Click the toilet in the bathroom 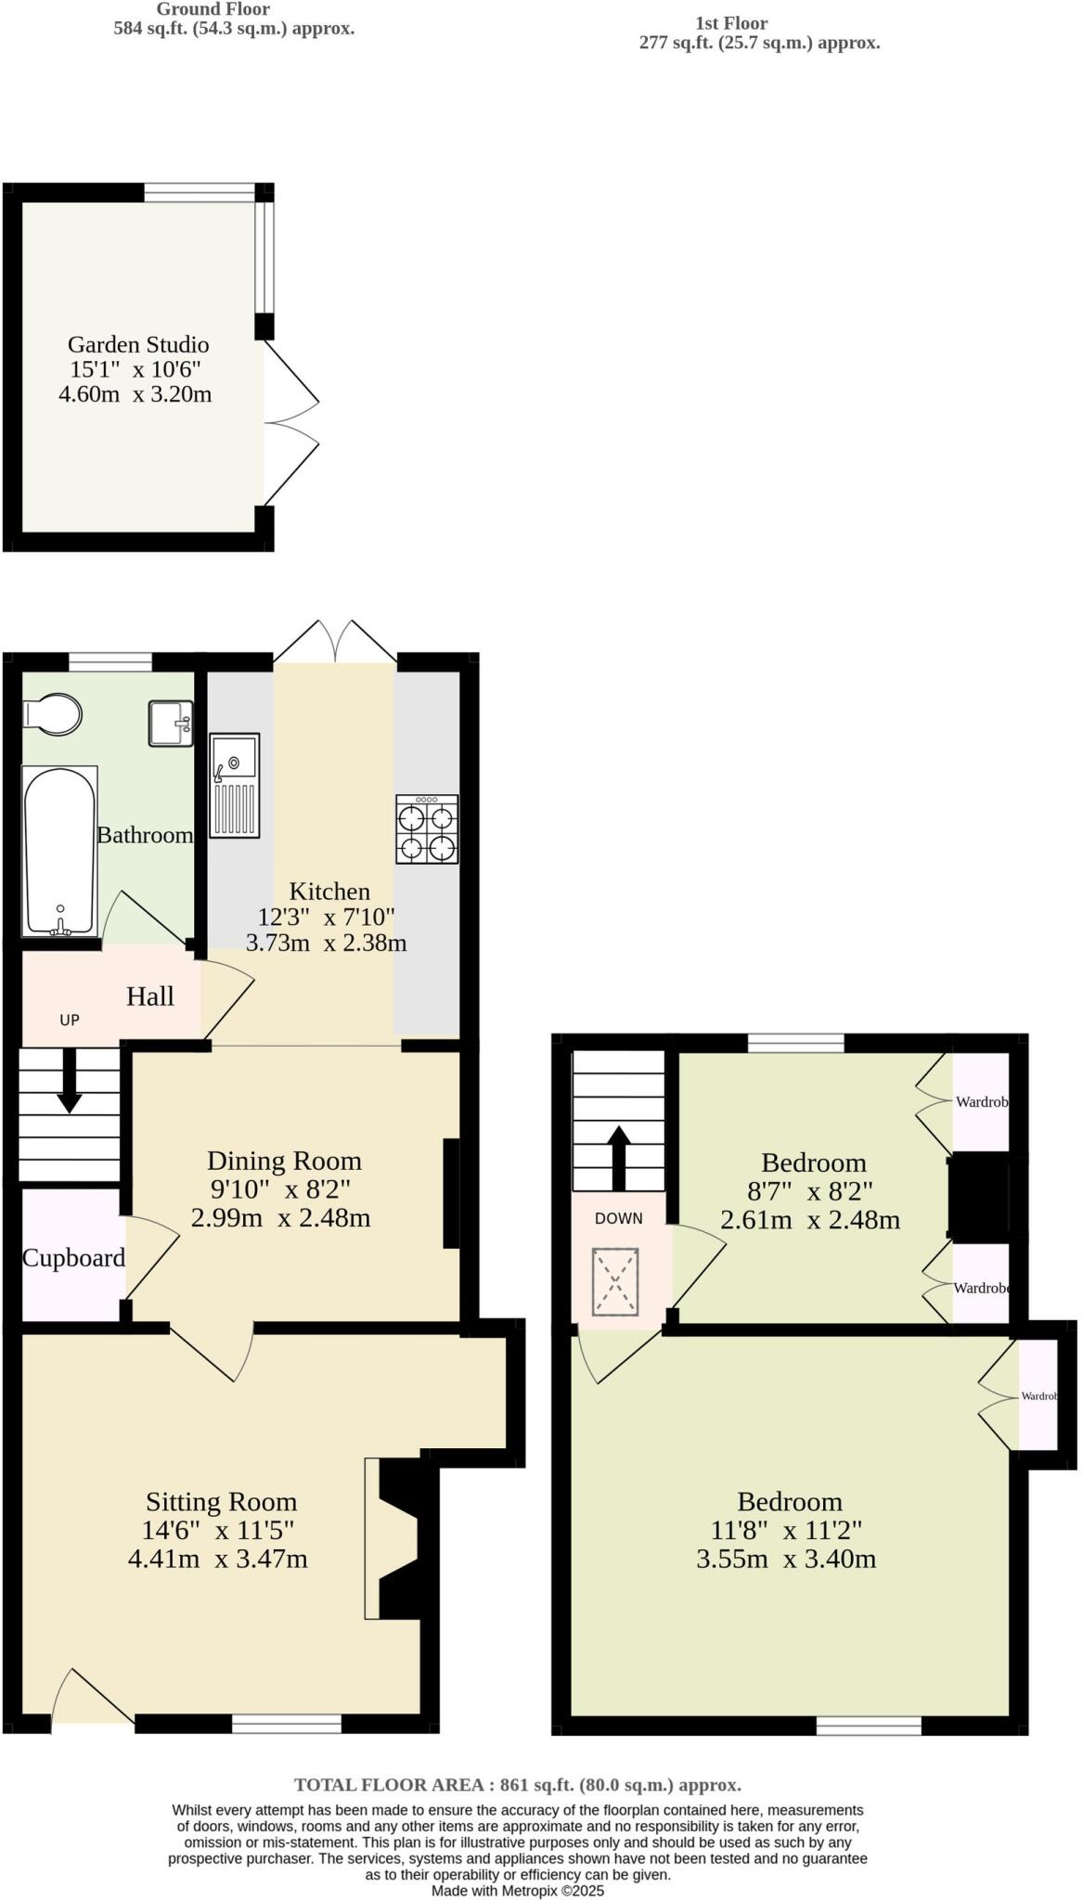(54, 715)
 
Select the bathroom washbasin (171, 724)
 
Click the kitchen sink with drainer (235, 786)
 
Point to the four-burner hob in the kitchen (427, 829)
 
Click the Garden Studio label (138, 345)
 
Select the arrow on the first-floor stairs (618, 1156)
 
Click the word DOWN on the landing (618, 1218)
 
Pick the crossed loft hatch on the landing (616, 1281)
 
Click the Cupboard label (73, 1258)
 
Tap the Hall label (150, 996)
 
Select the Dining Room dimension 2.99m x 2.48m (280, 1218)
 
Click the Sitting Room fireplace (394, 1539)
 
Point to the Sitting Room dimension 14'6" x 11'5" (218, 1531)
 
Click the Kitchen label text (329, 892)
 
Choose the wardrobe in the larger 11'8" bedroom (1038, 1395)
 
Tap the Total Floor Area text (517, 1784)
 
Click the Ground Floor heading (213, 9)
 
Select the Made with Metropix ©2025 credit (517, 1890)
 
